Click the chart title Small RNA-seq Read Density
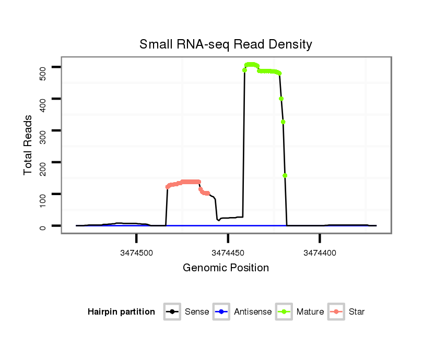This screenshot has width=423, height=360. [226, 44]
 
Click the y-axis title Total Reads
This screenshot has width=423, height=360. [28, 145]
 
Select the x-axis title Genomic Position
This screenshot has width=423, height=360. [226, 268]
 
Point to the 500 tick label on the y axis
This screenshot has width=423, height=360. [43, 67]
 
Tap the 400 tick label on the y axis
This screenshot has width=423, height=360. [43, 99]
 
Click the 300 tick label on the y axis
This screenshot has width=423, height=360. [43, 131]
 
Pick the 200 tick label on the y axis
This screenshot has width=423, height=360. [43, 163]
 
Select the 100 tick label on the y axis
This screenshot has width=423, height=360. [43, 195]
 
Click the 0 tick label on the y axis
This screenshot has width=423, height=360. [43, 226]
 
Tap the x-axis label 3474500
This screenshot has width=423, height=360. [136, 252]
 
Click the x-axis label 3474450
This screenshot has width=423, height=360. [228, 252]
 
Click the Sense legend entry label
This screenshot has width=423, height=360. [197, 312]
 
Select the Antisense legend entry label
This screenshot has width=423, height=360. [253, 312]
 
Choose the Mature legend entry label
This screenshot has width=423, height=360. [310, 312]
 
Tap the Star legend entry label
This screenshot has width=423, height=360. [356, 312]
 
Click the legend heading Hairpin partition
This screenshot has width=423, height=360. [121, 312]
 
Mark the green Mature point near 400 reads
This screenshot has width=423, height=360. [281, 99]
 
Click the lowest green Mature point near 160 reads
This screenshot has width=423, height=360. [285, 175]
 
